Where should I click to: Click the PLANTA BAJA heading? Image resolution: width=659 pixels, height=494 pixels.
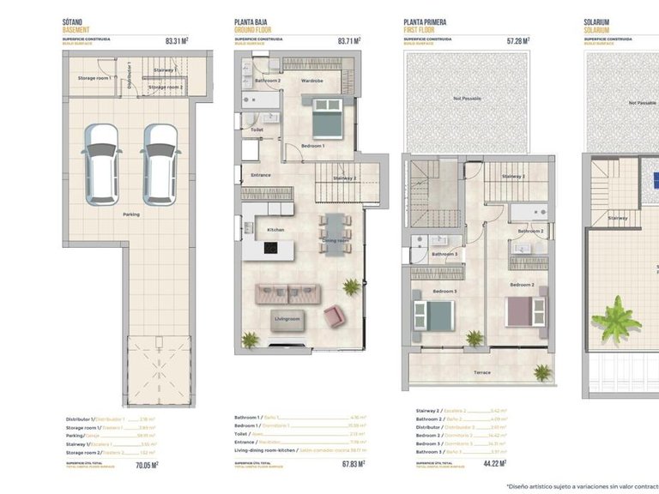[x=255, y=22]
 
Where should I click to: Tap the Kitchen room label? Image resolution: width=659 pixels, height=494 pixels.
[x=275, y=230]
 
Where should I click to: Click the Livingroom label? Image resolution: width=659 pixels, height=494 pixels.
[x=287, y=318]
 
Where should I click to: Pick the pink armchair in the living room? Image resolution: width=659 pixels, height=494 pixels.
[x=334, y=316]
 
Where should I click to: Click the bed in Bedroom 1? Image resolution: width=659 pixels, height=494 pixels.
[x=326, y=119]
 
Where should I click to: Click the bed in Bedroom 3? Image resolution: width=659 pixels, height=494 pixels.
[x=433, y=314]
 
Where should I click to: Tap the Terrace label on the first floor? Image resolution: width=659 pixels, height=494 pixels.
[x=482, y=372]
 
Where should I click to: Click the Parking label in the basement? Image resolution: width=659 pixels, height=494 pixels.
[x=131, y=214]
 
